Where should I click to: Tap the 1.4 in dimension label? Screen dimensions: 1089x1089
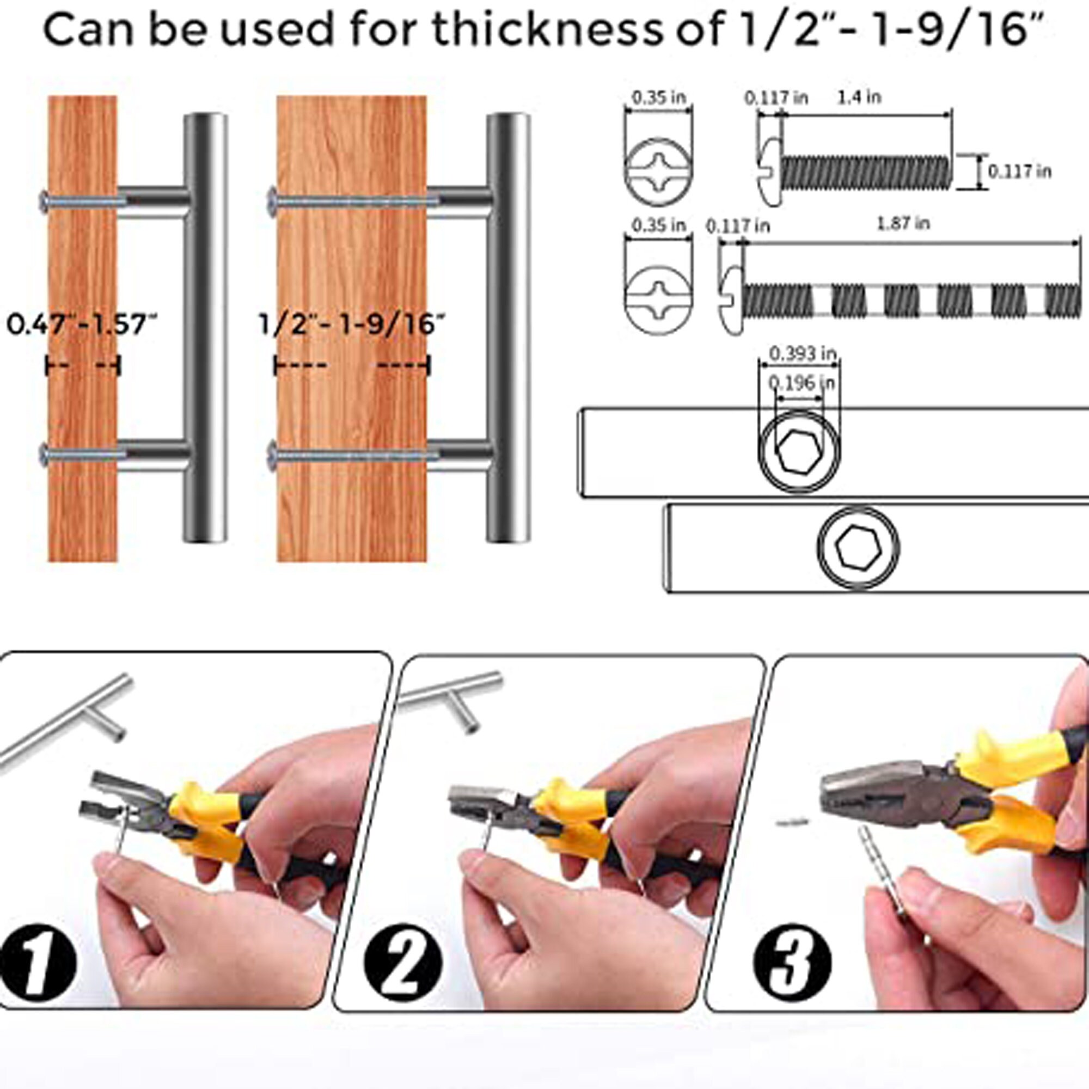[x=860, y=97]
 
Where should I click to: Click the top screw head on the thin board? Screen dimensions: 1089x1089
[x=44, y=202]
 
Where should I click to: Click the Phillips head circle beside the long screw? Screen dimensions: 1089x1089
[x=658, y=295]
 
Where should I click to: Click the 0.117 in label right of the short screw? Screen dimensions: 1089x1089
[x=1020, y=171]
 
